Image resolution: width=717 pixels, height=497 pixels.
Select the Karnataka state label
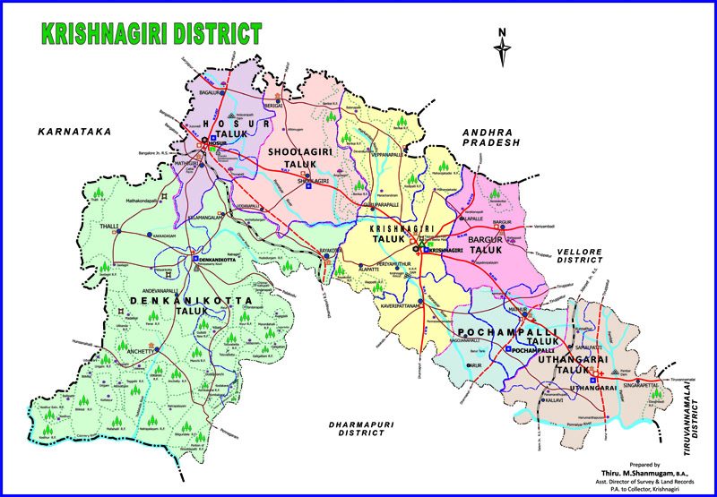(74, 132)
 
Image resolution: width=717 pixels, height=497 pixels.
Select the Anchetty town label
(117, 350)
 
